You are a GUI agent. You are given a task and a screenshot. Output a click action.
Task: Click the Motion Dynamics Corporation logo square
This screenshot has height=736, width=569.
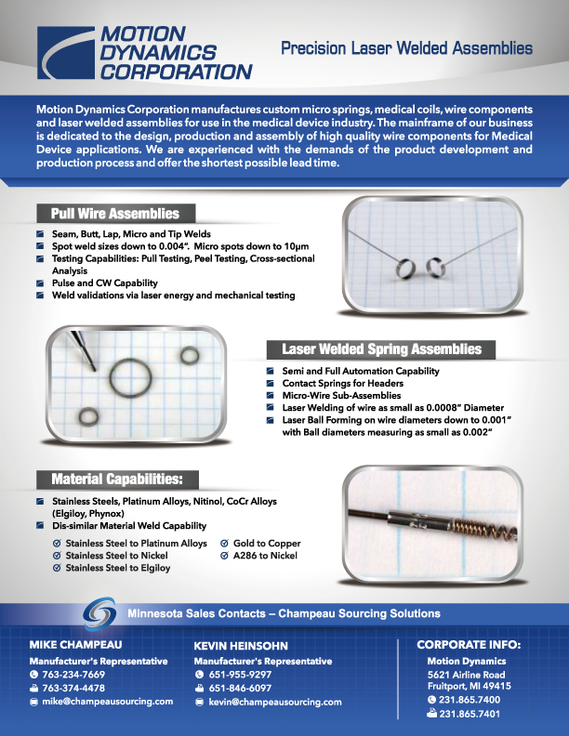66,53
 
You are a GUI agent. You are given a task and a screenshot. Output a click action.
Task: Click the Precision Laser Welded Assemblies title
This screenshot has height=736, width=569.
406,48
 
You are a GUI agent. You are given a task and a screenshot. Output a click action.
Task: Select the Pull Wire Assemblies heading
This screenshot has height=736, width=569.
115,214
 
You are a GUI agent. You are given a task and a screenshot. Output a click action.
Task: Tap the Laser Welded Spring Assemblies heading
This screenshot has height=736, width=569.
382,349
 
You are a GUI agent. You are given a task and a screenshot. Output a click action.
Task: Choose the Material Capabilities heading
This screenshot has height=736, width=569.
117,480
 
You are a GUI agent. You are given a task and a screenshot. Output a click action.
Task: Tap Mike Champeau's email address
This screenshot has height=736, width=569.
108,702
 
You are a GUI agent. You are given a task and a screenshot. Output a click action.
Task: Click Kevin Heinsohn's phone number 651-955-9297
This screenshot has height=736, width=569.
240,675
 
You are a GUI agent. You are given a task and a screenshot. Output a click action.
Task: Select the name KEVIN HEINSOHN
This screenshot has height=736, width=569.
241,646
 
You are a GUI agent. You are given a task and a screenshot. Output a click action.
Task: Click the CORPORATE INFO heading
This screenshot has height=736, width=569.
469,645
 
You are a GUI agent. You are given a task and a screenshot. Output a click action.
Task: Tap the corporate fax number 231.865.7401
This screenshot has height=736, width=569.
470,714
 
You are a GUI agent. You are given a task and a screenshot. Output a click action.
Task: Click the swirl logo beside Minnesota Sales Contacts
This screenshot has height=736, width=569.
99,613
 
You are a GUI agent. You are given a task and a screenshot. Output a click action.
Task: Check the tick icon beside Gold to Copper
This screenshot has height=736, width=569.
224,543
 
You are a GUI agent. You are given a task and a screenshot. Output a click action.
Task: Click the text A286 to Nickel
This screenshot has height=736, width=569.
265,556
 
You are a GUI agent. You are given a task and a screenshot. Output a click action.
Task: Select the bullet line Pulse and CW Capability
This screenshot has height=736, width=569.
105,283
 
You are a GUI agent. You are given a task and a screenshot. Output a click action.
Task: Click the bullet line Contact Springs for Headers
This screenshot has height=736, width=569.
343,384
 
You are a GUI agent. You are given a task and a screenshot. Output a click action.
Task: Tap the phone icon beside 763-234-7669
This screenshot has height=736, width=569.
33,675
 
